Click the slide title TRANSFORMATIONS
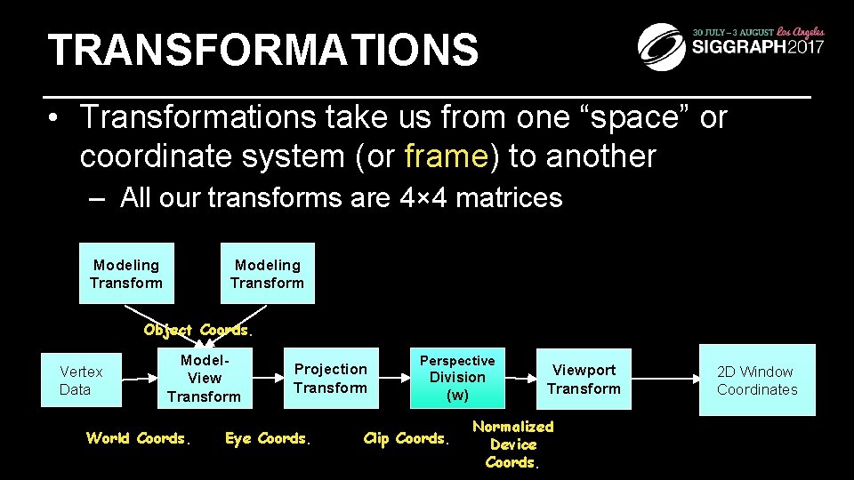pos(262,51)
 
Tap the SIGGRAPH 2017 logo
pos(730,44)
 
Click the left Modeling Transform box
pos(126,274)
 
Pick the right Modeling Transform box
pos(268,274)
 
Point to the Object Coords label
pos(197,330)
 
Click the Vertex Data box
pos(81,380)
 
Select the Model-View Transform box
pos(204,378)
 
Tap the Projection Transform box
pos(330,378)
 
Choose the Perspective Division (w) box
pos(457,378)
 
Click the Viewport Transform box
pos(584,379)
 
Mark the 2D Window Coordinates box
pos(757,380)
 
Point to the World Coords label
pos(137,438)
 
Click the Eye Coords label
pos(268,438)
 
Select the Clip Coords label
pos(407,438)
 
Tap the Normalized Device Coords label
pos(512,444)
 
